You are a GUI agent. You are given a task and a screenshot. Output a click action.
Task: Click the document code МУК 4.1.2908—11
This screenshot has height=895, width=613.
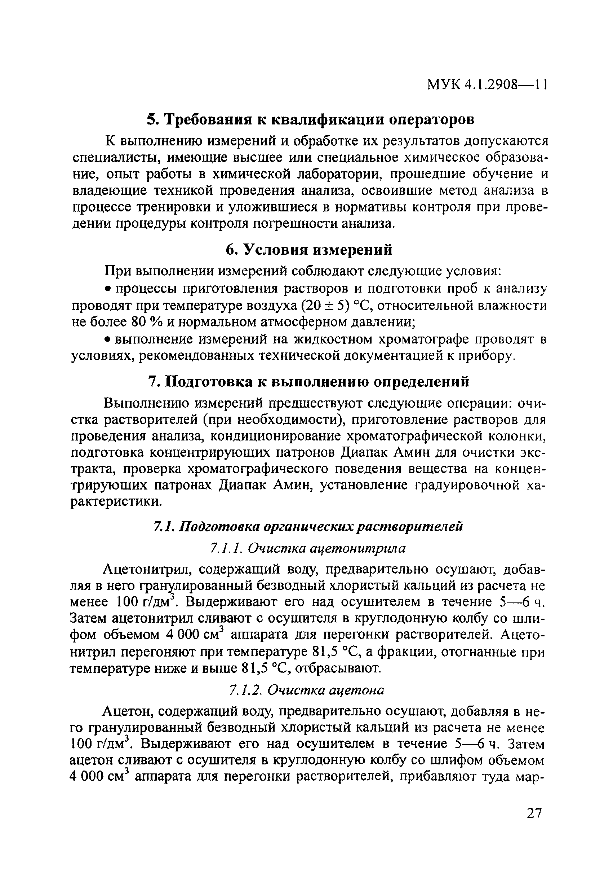487,95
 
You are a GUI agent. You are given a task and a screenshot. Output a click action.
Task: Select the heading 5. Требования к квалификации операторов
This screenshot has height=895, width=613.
311,120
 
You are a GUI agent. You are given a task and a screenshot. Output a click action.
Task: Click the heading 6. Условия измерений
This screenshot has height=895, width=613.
308,250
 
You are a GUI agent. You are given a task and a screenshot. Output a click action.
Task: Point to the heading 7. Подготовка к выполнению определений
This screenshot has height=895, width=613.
308,382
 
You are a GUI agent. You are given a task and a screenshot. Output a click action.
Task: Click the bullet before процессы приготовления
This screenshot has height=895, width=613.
108,289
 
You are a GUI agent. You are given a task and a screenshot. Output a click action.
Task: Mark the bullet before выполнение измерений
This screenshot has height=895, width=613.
108,340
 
